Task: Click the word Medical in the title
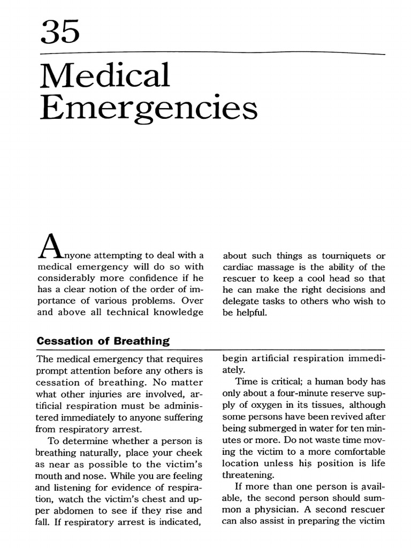[104, 76]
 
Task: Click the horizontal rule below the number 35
[212, 54]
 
